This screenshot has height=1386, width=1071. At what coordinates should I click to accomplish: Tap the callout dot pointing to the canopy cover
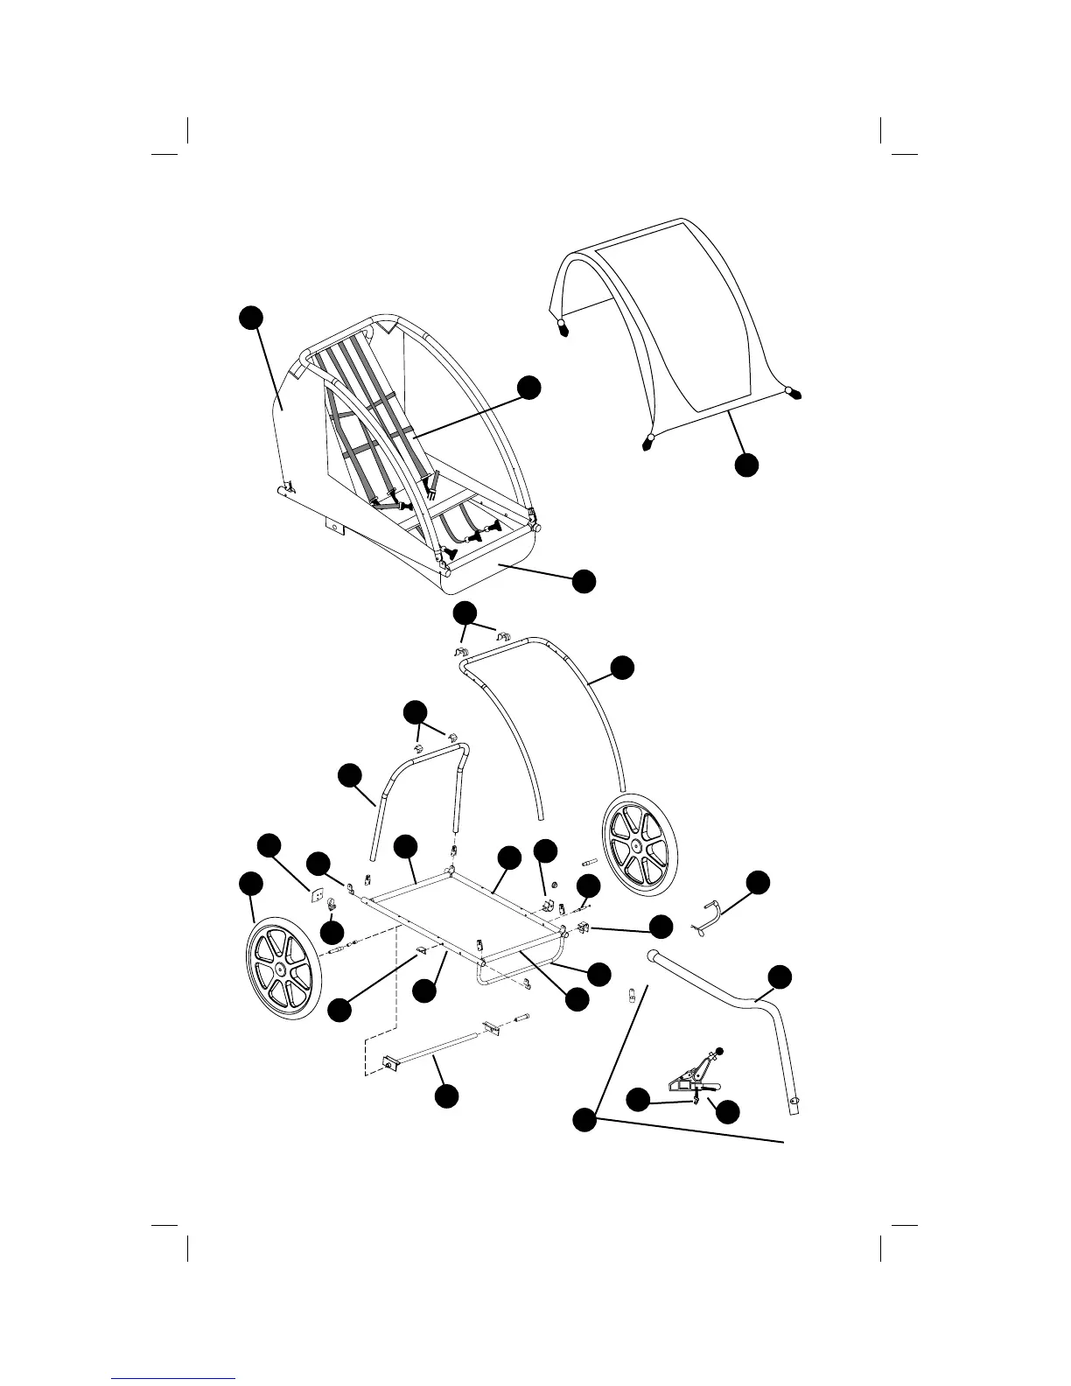746,465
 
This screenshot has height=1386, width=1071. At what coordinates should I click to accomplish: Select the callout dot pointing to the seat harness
528,388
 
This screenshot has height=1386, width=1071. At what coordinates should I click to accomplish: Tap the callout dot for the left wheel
251,884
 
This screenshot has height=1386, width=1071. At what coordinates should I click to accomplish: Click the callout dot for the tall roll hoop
621,667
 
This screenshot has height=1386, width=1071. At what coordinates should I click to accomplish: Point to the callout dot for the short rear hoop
349,774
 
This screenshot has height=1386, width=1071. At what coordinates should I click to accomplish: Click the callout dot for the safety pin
758,882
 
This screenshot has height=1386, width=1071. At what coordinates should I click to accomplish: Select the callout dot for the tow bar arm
780,976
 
